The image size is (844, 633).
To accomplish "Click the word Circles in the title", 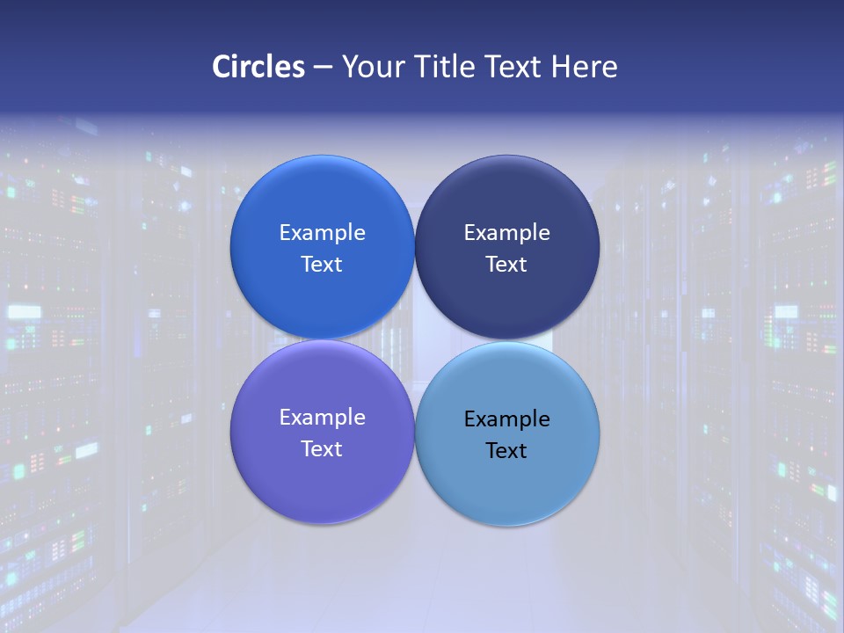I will [258, 67].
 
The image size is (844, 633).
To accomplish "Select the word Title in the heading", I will [447, 67].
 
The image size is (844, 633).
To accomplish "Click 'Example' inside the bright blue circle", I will [322, 233].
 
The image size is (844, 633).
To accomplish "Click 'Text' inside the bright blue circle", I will [322, 265].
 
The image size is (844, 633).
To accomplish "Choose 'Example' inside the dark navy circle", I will [506, 233].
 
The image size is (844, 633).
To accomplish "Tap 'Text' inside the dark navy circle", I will [506, 265].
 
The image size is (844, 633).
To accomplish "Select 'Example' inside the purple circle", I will [322, 418].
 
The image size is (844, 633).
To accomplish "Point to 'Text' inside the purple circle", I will [322, 449].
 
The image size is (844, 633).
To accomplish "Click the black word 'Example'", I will [506, 419].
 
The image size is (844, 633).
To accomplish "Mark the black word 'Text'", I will [506, 451].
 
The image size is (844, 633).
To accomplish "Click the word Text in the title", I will [513, 67].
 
